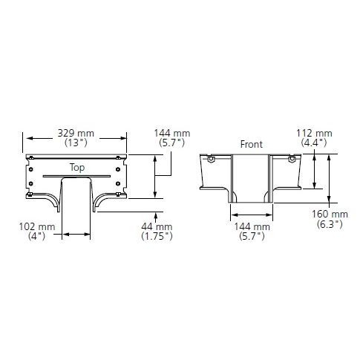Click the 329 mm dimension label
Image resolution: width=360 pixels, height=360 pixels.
coord(76,134)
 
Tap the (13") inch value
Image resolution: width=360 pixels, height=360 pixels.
coord(76,143)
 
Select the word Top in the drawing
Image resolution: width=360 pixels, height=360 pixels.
coord(77,168)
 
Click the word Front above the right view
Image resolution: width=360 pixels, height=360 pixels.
coord(252,144)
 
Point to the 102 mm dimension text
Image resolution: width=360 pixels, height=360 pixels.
coord(37,226)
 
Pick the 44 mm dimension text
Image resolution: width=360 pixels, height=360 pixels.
coord(157,226)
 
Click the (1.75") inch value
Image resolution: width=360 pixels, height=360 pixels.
coord(157,236)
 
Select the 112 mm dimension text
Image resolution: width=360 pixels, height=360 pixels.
coord(314,134)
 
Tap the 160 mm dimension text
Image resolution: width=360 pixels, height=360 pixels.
coord(330,215)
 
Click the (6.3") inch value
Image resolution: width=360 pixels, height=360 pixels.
coord(330,224)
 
